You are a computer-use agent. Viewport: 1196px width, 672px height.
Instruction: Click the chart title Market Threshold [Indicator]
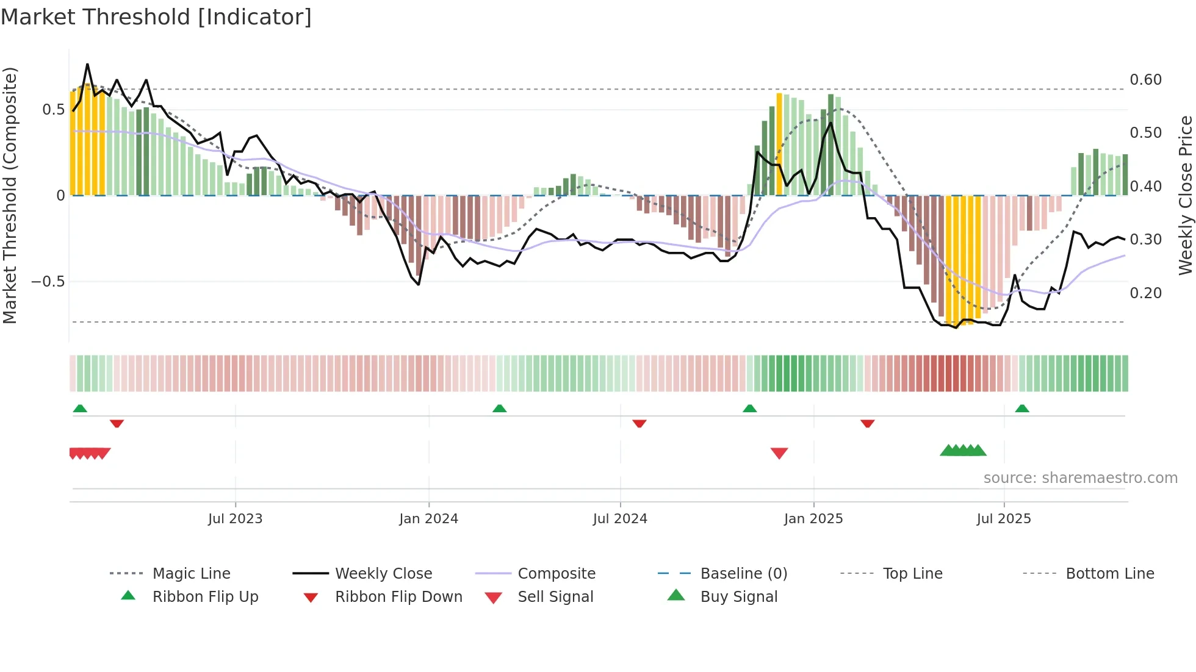pos(156,17)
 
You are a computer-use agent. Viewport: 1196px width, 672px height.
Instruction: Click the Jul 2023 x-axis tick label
pos(235,519)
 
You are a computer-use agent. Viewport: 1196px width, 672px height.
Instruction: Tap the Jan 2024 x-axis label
pos(428,519)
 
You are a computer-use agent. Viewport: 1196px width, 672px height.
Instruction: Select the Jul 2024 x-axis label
pos(620,519)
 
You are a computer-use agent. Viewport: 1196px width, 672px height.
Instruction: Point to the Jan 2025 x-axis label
pos(813,519)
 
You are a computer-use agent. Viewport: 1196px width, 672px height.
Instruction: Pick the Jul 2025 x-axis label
pos(1004,519)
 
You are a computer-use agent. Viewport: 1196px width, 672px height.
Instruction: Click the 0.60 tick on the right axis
pos(1145,80)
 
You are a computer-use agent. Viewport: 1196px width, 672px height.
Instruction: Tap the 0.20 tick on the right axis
pos(1145,293)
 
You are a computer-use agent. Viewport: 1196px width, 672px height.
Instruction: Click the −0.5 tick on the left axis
pos(48,282)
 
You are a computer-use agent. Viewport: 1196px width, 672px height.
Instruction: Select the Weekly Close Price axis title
pos(1185,195)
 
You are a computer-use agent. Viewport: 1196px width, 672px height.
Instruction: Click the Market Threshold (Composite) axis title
pos(10,195)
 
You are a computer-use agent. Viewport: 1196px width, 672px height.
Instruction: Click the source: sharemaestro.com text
pos(1080,478)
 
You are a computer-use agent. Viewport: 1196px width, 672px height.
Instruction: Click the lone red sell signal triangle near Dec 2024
pos(779,453)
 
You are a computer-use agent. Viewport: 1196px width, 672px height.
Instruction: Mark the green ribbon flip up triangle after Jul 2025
pos(1022,409)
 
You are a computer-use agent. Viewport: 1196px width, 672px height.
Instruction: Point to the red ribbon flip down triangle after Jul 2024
pos(639,423)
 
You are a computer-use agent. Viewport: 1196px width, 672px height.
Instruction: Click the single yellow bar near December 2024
pos(779,144)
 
